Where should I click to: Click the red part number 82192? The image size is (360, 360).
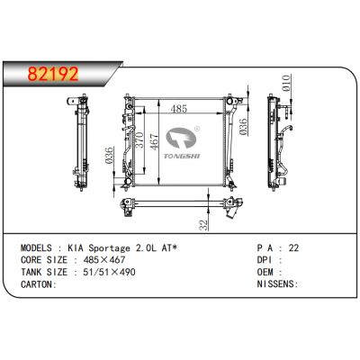pos(53,74)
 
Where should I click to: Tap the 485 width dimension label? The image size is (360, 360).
pos(179,109)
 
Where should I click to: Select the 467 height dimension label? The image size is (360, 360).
pos(154,142)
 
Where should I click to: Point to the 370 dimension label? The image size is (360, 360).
pos(139,140)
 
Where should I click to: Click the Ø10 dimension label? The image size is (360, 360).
pos(286,83)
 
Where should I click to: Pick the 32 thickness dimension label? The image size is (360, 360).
pos(204,225)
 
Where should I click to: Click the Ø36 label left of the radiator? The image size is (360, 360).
pos(109,156)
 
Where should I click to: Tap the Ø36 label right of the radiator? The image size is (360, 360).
pos(243,127)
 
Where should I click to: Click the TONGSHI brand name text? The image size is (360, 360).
pos(182,156)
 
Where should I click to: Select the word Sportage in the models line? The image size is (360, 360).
pos(109,248)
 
